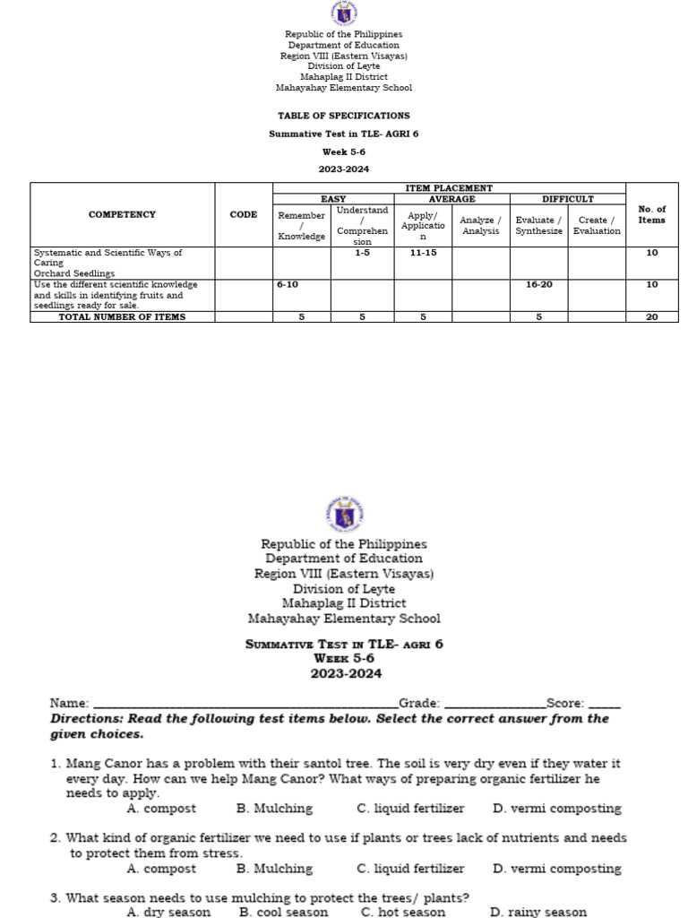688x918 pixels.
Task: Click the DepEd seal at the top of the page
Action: (344, 14)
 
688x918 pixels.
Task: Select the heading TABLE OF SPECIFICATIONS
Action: (344, 116)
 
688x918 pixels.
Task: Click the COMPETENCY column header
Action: (122, 215)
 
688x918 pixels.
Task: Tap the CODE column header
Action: (243, 215)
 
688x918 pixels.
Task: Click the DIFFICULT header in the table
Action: (567, 199)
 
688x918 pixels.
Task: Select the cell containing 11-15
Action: (423, 254)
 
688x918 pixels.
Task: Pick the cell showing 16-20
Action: (538, 284)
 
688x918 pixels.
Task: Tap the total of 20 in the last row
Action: (651, 316)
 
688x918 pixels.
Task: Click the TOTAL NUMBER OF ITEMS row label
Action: (122, 316)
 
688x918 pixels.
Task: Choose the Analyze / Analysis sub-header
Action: (480, 226)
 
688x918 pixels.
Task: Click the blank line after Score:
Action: (605, 705)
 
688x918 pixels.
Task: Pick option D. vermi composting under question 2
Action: (556, 869)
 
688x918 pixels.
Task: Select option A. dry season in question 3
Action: (168, 912)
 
